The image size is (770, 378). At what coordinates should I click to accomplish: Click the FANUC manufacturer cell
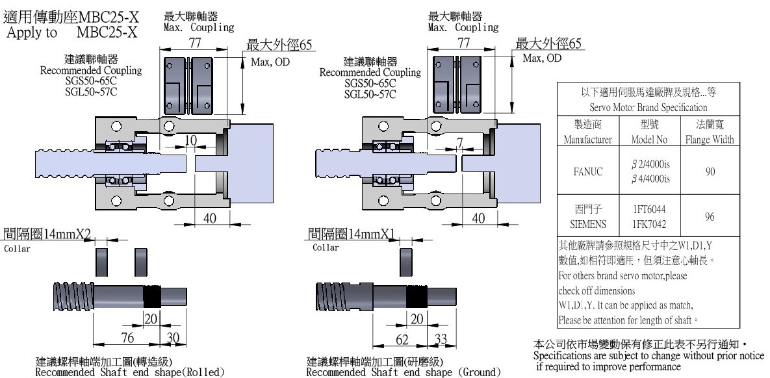pyautogui.click(x=587, y=172)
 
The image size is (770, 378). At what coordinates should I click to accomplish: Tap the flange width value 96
pyautogui.click(x=709, y=217)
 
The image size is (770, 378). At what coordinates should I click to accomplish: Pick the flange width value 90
pyautogui.click(x=709, y=172)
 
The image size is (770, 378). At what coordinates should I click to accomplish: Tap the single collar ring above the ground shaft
pyautogui.click(x=407, y=262)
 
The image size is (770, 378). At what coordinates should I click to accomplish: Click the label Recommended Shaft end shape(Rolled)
pyautogui.click(x=129, y=372)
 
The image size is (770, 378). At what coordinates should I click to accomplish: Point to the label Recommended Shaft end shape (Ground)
pyautogui.click(x=403, y=372)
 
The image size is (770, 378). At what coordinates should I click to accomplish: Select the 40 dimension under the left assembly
pyautogui.click(x=209, y=218)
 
